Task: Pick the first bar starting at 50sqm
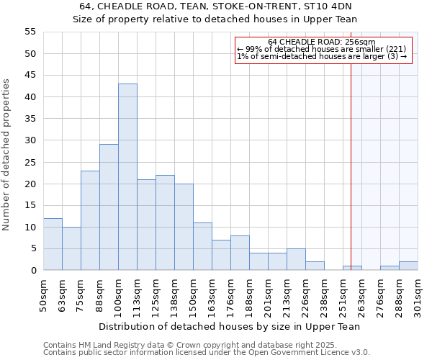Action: pos(53,244)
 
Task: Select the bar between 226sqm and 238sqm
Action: pos(315,266)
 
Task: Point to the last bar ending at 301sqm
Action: pos(408,266)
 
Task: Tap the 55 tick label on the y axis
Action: pos(30,32)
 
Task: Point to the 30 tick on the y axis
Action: pos(30,140)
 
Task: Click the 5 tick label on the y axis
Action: pos(33,248)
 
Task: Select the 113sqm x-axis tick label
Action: pos(137,294)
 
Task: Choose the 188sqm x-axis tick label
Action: pos(249,294)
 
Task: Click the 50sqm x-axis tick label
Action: pos(43,294)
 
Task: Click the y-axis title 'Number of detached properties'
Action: pos(7,155)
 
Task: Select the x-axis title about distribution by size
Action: pos(230,326)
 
